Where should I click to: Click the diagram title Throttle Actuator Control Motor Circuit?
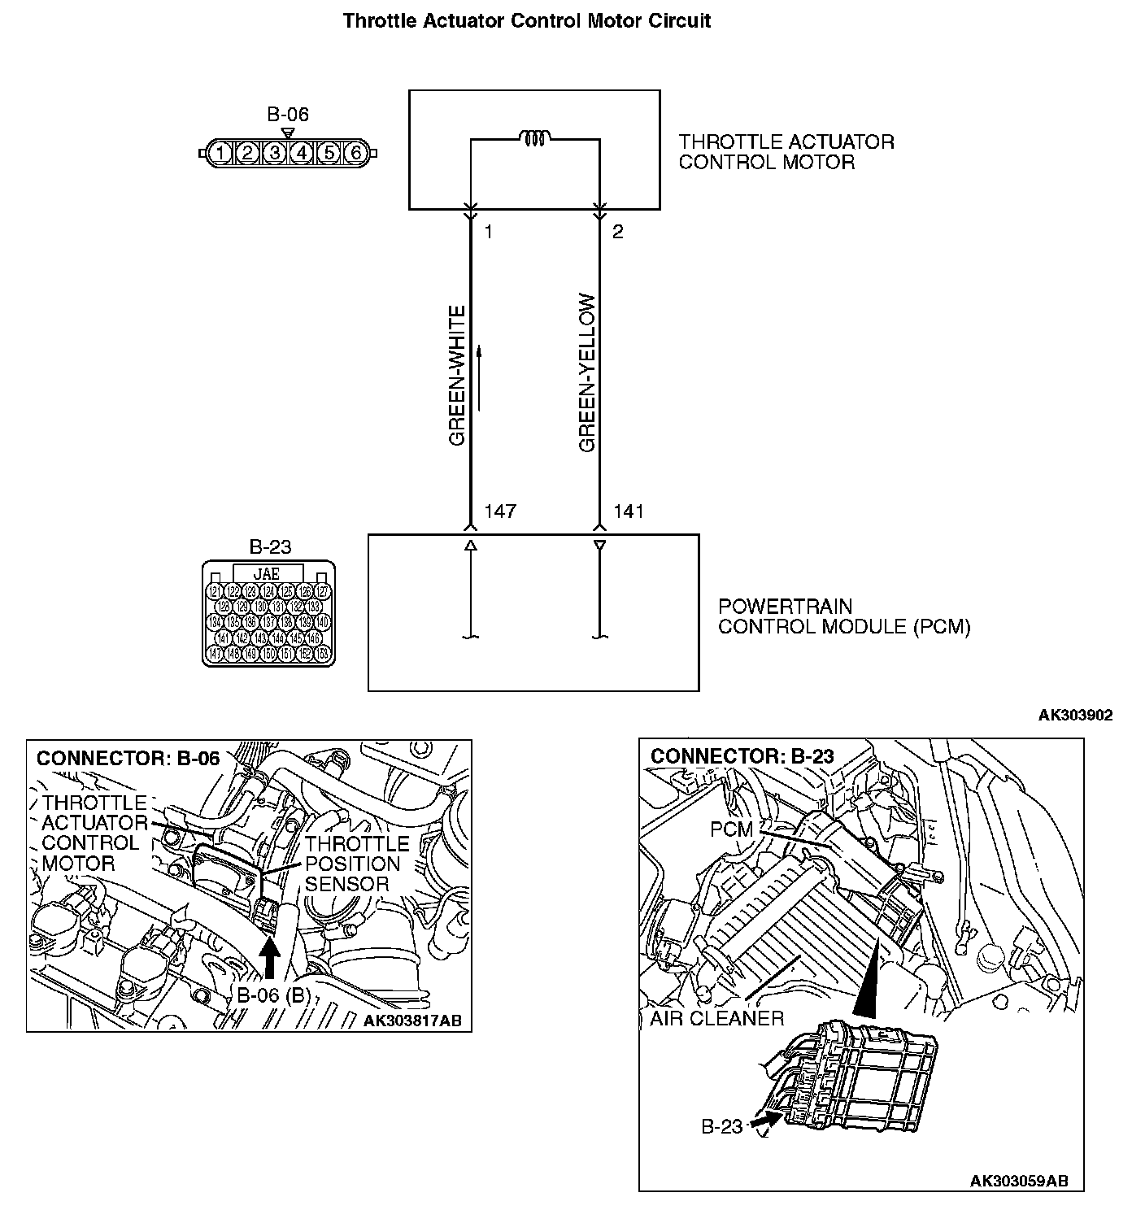527,20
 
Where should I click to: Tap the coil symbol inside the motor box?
535,138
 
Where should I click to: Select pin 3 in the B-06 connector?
276,153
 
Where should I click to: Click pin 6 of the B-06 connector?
355,153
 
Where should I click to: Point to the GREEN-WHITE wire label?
457,376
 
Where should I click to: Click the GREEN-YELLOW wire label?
587,373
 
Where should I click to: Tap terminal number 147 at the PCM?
500,511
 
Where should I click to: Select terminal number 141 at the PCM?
629,511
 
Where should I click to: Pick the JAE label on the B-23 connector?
268,574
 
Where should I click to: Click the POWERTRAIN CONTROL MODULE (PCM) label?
844,617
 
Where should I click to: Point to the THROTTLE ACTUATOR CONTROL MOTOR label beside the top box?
786,152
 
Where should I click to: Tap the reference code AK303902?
1075,716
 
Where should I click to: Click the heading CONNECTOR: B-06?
128,758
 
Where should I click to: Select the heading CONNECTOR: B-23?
742,755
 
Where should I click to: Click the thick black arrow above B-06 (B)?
271,957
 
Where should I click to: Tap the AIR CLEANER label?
716,1018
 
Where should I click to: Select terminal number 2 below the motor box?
618,233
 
